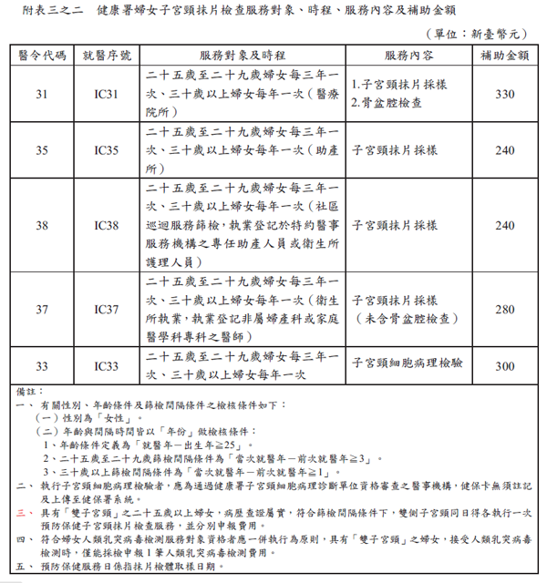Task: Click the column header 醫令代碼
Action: click(42, 55)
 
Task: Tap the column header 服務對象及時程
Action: click(241, 55)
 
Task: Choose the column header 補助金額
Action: click(504, 55)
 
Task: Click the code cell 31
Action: click(42, 94)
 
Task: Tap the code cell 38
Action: click(42, 225)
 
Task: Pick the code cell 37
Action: click(42, 310)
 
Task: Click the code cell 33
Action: click(42, 366)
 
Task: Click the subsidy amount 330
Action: click(504, 94)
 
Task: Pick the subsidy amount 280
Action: click(504, 310)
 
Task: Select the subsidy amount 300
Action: click(504, 366)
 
